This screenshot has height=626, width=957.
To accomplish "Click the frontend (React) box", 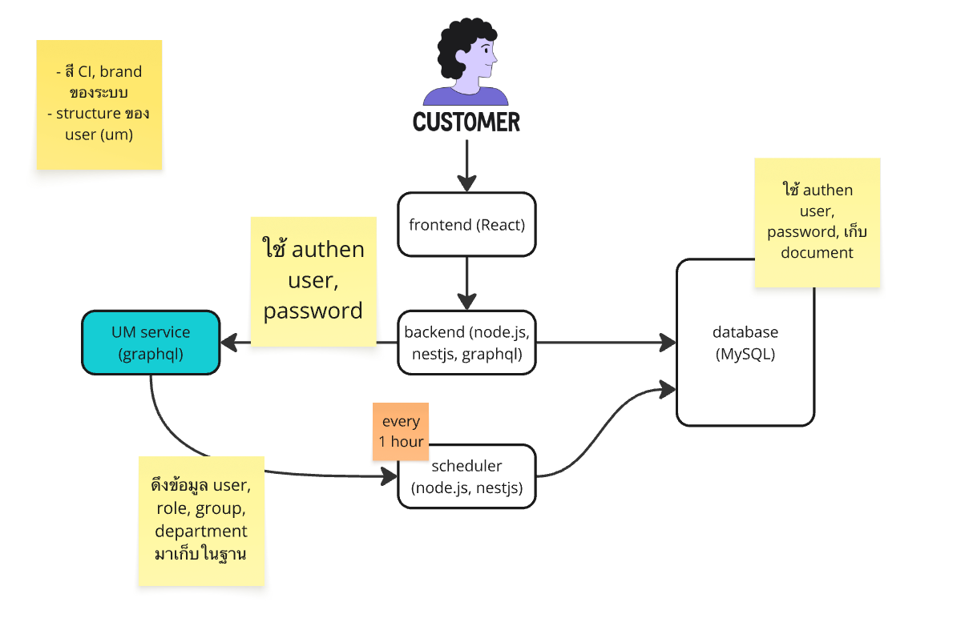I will point(466,224).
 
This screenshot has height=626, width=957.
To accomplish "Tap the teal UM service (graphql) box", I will point(151,343).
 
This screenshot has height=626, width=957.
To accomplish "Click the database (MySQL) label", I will point(745,343).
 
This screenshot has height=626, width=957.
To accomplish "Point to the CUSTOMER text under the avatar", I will point(466,122).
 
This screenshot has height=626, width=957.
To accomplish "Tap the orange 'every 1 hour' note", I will point(401,431).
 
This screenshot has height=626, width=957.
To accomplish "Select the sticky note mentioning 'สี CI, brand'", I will point(99,104).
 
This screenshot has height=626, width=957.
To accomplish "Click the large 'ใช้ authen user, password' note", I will point(313,281).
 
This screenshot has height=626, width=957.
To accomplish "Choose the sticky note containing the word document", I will point(818,222).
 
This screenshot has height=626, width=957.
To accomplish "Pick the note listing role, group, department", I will point(201,520).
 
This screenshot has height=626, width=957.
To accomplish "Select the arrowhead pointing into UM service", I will point(228,343).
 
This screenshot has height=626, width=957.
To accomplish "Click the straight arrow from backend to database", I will point(601,343).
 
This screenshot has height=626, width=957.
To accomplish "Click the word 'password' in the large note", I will point(313,311).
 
